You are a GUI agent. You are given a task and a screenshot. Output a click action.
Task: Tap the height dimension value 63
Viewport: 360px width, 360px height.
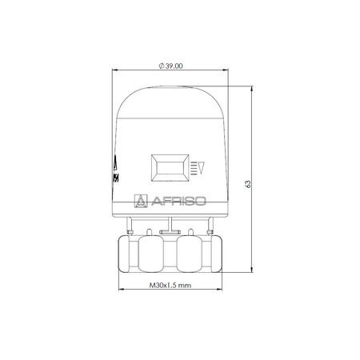point(249,184)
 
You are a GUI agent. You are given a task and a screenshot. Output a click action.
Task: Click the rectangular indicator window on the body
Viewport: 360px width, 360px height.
point(167,169)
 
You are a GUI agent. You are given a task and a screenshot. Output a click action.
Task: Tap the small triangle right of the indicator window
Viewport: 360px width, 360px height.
point(202,169)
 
